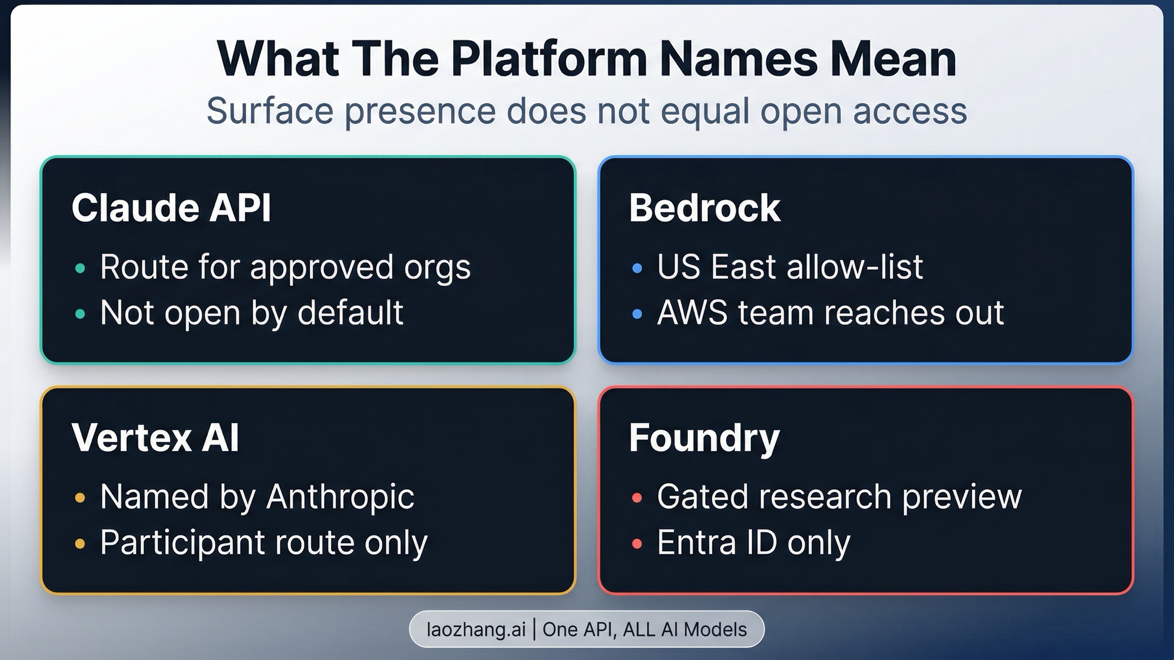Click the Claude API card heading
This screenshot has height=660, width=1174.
(x=171, y=208)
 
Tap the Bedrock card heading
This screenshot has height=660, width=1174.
(x=704, y=208)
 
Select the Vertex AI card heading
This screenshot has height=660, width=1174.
(x=155, y=438)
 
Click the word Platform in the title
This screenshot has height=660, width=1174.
(x=548, y=59)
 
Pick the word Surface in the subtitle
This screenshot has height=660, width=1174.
(x=270, y=111)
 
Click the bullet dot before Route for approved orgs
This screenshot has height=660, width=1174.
(x=80, y=268)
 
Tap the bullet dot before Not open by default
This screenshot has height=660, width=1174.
(x=80, y=313)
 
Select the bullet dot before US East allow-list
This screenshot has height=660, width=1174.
(x=637, y=268)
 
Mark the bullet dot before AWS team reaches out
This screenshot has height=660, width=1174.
(x=637, y=313)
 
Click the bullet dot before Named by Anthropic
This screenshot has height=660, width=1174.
(x=80, y=498)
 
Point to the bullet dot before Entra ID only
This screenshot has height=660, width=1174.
(x=637, y=543)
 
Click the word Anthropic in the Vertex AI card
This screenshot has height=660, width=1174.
(x=340, y=497)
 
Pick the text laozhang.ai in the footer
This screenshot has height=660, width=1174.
(x=476, y=629)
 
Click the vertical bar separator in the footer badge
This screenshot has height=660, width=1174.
(x=534, y=629)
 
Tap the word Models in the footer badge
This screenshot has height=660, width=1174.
(x=715, y=629)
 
